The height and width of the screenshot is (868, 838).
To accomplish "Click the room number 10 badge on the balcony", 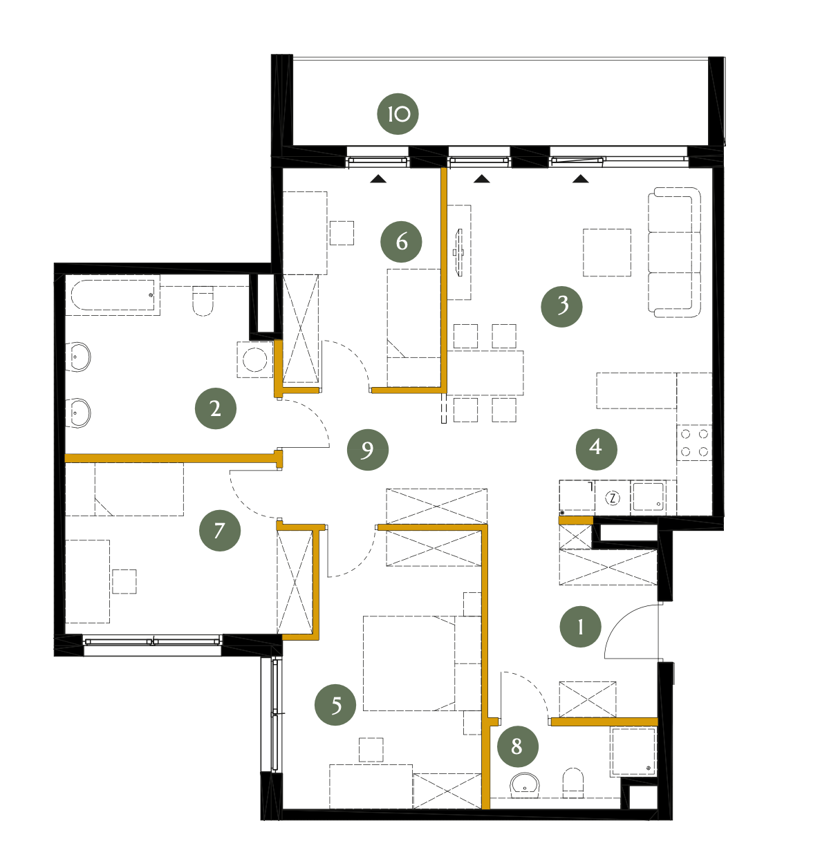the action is point(398,114).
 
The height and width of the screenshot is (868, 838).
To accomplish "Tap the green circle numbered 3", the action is point(561,306).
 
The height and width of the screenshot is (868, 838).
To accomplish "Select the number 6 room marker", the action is point(401,242).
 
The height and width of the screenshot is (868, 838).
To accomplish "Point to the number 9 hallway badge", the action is point(368,450).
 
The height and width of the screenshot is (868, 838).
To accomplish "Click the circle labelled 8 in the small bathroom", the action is point(518,746).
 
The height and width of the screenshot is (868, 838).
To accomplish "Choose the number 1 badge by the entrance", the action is point(580,627).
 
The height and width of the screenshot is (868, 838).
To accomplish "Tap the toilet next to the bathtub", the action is point(203,301).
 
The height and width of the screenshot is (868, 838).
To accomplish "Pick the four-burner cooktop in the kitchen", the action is point(694,443).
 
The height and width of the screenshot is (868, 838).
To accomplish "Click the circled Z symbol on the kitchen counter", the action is point(612,498).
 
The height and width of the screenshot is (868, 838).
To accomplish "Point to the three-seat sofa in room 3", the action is point(674,252).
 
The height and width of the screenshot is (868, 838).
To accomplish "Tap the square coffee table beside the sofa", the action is point(607,252).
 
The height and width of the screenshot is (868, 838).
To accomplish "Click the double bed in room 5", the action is point(422,663).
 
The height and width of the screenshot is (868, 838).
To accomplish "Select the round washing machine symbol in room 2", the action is point(255,359).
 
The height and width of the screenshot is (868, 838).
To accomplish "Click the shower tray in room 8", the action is point(633,752).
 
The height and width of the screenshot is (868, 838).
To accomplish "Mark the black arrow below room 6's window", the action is point(378,179).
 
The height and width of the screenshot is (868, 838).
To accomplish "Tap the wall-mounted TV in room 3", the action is point(459,252).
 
